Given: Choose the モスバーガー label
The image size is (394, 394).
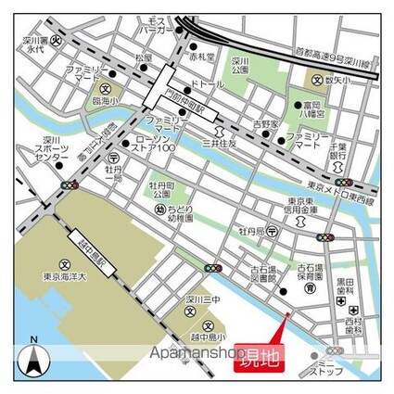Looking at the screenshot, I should [156, 25].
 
